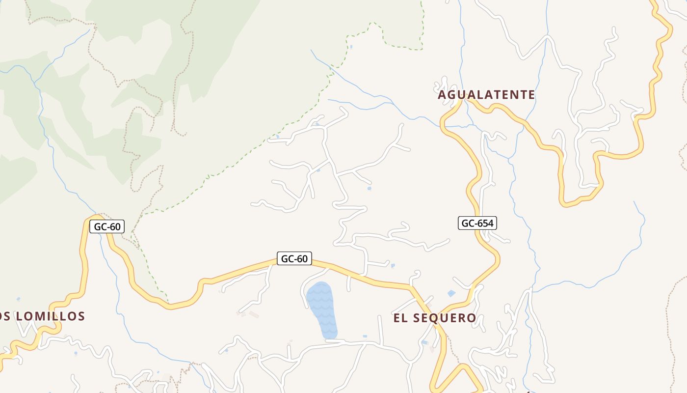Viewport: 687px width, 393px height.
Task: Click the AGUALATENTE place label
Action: [486, 95]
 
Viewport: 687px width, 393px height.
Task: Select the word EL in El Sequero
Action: [400, 318]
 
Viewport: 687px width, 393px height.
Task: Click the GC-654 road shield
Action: [478, 223]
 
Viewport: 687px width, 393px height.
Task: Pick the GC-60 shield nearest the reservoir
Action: [294, 258]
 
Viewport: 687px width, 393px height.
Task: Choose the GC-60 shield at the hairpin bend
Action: [107, 226]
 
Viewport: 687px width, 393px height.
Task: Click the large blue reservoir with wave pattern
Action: [322, 309]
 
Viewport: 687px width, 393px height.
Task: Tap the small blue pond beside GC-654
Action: [451, 293]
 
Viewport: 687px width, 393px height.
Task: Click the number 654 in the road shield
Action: [484, 223]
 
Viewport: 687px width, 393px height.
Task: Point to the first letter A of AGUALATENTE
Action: [442, 95]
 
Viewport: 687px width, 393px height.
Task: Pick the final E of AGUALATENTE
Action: [531, 95]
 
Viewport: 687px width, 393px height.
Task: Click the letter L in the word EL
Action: [405, 318]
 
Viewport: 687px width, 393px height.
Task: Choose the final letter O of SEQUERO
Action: [472, 318]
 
